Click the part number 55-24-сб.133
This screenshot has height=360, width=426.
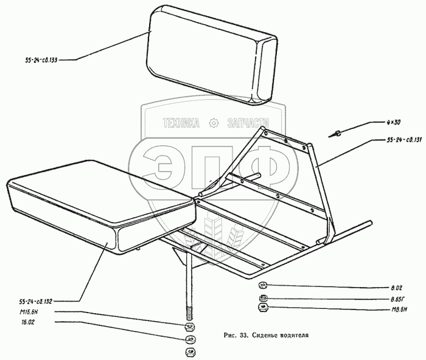[x=38, y=60]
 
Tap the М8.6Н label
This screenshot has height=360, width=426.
[x=398, y=309]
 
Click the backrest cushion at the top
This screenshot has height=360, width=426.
[x=207, y=55]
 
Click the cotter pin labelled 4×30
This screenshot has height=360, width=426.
[x=337, y=133]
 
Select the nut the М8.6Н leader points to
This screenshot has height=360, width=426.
[x=264, y=308]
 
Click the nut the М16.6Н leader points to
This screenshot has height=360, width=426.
[x=189, y=327]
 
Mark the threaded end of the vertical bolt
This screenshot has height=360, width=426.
[x=189, y=316]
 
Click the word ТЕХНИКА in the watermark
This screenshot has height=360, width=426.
[x=181, y=123]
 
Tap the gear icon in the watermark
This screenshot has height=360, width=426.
[x=213, y=123]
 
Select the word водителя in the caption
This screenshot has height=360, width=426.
[x=295, y=334]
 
